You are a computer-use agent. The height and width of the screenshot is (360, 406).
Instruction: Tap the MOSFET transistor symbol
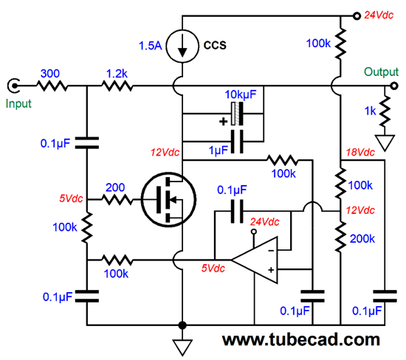(168, 199)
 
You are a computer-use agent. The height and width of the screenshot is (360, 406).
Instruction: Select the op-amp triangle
(255, 260)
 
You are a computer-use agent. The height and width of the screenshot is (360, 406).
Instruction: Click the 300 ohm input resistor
(52, 86)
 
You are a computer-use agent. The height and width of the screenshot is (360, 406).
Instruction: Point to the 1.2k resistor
(117, 86)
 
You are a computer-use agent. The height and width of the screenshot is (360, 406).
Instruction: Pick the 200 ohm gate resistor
(117, 199)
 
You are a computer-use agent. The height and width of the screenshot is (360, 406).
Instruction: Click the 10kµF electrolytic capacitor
(237, 114)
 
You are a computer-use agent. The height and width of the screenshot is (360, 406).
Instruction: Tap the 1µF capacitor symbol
(237, 142)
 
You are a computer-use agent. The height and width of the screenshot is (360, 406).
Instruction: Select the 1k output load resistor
(385, 111)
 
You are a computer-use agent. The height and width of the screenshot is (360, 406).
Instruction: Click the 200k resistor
(340, 237)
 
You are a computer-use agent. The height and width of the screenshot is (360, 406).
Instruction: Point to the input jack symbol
(13, 86)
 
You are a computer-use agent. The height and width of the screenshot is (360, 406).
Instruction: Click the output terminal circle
(394, 86)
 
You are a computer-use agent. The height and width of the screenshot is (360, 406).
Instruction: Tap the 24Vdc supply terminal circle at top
(357, 16)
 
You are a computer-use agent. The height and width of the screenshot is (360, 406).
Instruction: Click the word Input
(18, 104)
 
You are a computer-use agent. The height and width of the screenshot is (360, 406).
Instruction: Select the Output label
(381, 72)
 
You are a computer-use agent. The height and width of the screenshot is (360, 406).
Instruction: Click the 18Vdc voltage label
(360, 153)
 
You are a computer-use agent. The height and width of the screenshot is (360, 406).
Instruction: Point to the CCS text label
(215, 45)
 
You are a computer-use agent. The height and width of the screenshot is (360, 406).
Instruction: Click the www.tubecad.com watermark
(301, 340)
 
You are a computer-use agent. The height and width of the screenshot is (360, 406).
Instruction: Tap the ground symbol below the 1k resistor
(385, 142)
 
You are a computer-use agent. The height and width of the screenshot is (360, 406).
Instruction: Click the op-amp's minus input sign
(271, 251)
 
